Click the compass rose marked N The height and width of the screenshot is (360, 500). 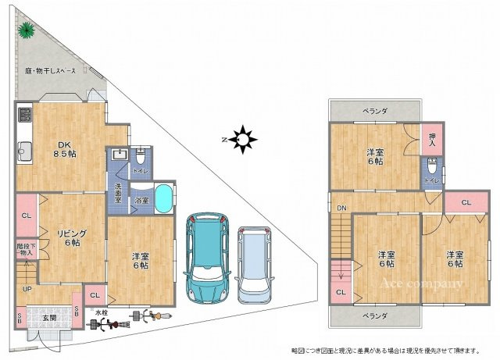click(x=245, y=140)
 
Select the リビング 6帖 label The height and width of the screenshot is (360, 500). click(x=70, y=237)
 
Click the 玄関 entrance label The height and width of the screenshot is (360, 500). click(x=48, y=317)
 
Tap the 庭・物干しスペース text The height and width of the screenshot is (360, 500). click(x=50, y=70)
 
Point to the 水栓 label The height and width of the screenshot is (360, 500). click(x=101, y=312)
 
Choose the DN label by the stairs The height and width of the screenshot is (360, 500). click(x=341, y=208)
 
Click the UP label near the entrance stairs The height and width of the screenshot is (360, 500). click(x=27, y=289)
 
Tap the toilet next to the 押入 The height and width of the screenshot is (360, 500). click(x=432, y=167)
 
